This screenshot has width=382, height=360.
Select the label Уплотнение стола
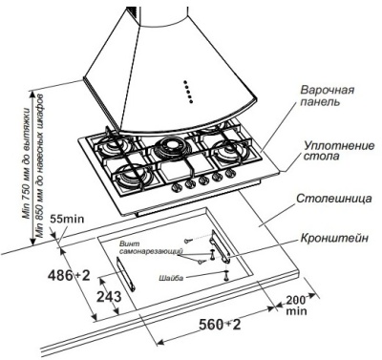click(x=330, y=154)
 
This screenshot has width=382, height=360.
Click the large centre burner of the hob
click(x=173, y=148)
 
